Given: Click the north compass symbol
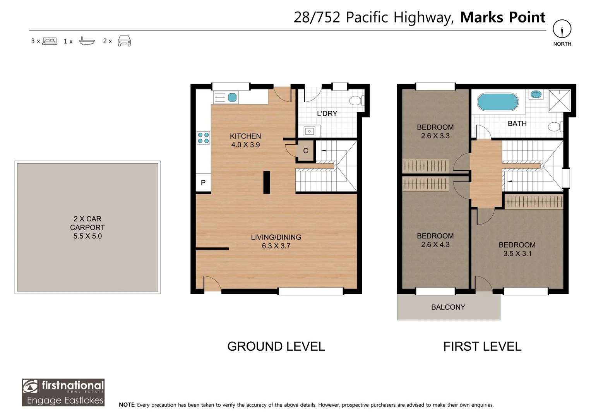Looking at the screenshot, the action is [x=562, y=29].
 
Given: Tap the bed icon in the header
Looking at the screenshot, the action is [x=50, y=41].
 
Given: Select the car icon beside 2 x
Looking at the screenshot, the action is [x=124, y=41].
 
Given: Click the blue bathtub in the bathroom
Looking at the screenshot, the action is [x=498, y=102].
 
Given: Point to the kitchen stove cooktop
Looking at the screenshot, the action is [x=204, y=138].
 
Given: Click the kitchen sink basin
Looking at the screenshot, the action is [x=232, y=98].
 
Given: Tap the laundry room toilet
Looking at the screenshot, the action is [x=357, y=101].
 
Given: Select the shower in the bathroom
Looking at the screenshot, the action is [x=559, y=101].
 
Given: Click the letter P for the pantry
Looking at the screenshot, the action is [x=203, y=182].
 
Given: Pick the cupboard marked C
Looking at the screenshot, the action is [x=305, y=151].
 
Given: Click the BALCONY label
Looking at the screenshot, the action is [x=448, y=307].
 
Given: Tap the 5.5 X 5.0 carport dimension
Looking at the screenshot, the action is [x=87, y=236].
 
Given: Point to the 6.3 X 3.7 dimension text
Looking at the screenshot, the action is [x=276, y=246].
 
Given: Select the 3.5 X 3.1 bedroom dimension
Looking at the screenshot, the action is [x=517, y=254].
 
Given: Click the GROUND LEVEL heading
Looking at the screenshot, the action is [x=276, y=346].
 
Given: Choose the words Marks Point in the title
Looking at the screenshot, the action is [x=503, y=17].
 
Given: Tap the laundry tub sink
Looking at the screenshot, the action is [x=309, y=131].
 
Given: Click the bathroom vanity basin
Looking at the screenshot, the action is [x=536, y=94].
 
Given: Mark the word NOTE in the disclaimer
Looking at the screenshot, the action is [x=127, y=405].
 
